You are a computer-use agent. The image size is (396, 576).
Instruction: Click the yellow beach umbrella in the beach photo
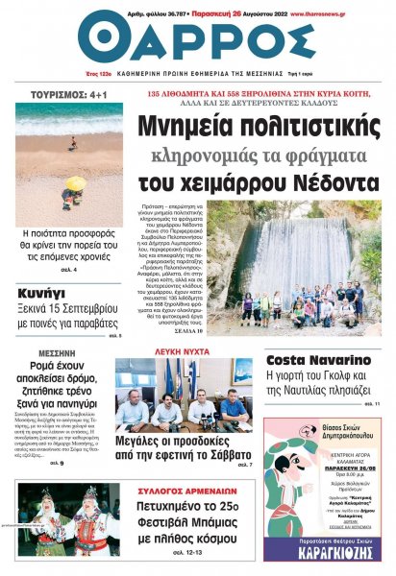tap(76, 182)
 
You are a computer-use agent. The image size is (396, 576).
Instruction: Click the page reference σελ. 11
tap(371, 404)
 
